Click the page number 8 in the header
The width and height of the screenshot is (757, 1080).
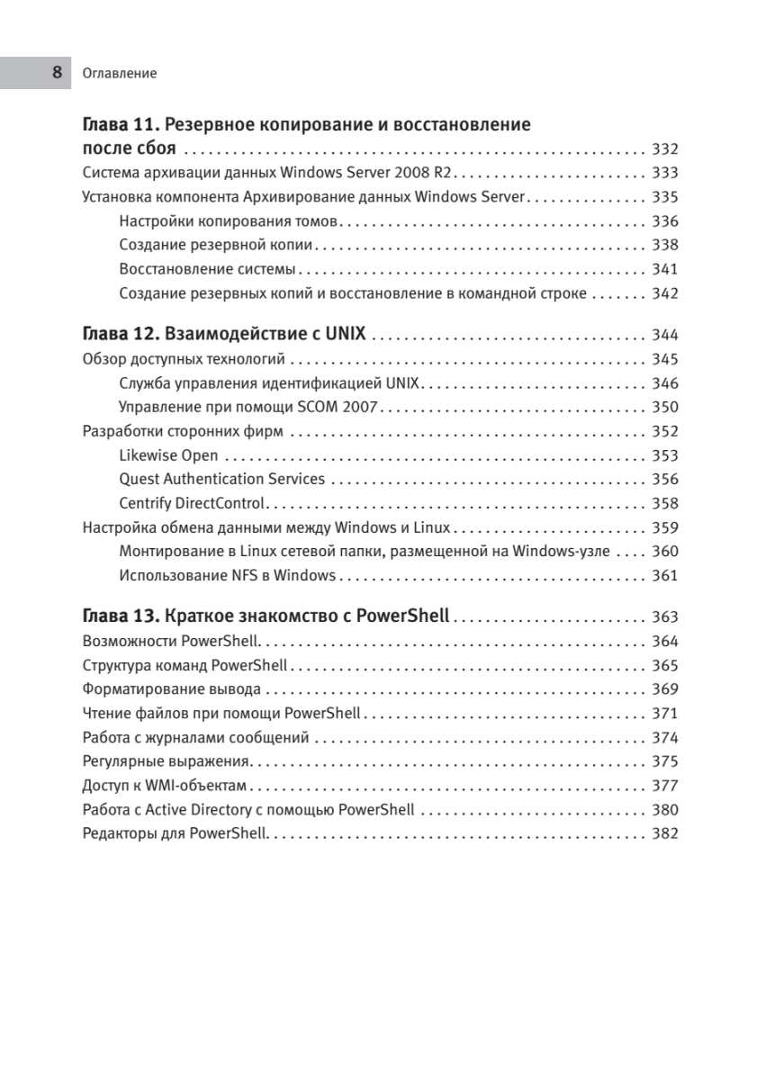[57, 73]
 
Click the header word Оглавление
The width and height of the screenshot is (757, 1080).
[119, 74]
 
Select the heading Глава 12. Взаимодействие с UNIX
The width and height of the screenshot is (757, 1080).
[223, 335]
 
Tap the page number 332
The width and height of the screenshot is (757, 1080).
[664, 149]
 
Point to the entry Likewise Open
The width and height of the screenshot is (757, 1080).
[168, 455]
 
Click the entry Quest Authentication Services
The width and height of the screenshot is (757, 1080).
[221, 480]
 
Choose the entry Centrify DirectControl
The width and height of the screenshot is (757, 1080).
[192, 504]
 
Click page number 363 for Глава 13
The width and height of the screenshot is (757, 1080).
[664, 617]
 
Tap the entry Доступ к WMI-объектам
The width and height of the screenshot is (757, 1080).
[164, 786]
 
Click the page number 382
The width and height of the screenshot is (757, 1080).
[664, 834]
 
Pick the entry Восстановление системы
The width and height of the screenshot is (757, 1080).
[207, 269]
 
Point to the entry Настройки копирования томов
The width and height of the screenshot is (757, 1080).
[229, 221]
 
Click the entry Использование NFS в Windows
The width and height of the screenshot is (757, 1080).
[227, 576]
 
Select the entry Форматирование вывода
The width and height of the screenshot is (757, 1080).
[171, 689]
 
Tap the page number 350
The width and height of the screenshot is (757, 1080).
[664, 407]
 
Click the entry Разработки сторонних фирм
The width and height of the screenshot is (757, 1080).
[184, 431]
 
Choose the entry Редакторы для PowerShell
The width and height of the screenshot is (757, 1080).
[175, 834]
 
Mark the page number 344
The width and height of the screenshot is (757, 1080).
[664, 336]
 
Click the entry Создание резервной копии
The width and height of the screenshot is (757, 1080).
[216, 245]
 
